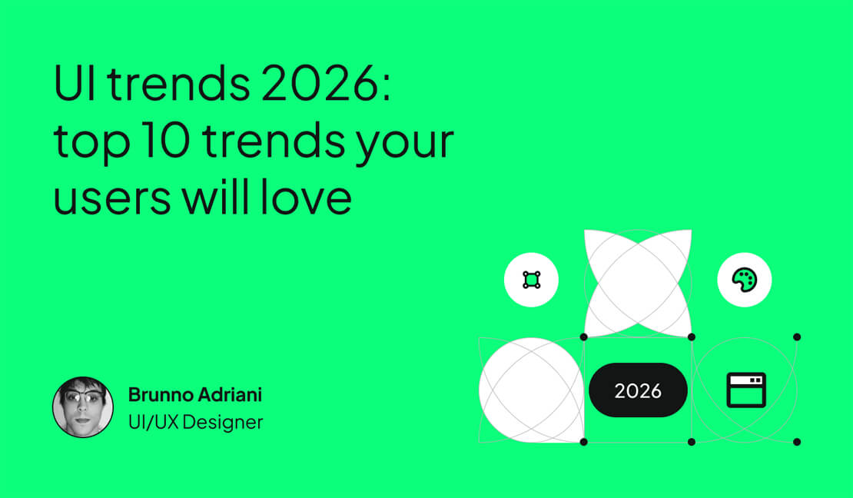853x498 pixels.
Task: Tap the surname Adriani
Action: pos(231,395)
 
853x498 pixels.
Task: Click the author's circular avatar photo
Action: pos(82,407)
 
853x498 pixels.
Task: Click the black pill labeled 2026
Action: pos(638,390)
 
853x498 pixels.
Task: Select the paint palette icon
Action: pos(744,280)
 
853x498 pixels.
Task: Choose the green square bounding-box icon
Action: pos(531,280)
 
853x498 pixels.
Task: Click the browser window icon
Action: pos(746,390)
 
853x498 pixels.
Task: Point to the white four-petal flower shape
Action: pos(638,283)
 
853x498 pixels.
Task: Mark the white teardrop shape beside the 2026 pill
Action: pos(530,390)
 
